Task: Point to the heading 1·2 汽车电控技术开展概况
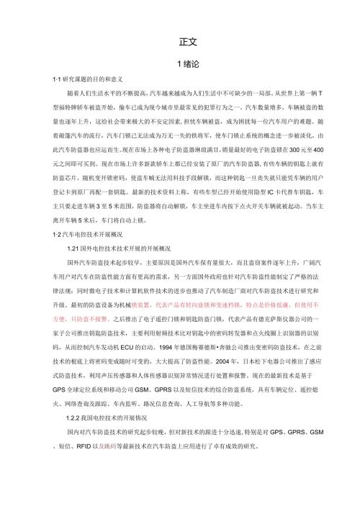coord(77,256)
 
